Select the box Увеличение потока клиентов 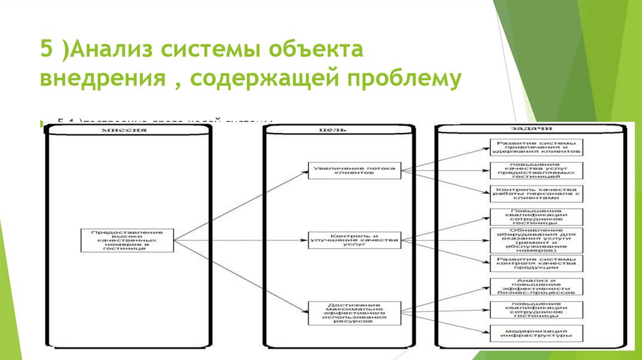(x=354, y=170)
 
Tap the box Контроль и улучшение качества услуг (x=354, y=240)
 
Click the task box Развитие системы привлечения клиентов (x=537, y=147)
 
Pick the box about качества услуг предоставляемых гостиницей (x=537, y=170)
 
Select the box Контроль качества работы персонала (x=537, y=193)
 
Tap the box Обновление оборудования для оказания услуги (x=537, y=240)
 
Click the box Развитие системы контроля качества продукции (x=537, y=263)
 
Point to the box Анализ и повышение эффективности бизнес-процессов (x=537, y=287)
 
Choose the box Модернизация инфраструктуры (x=537, y=333)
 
